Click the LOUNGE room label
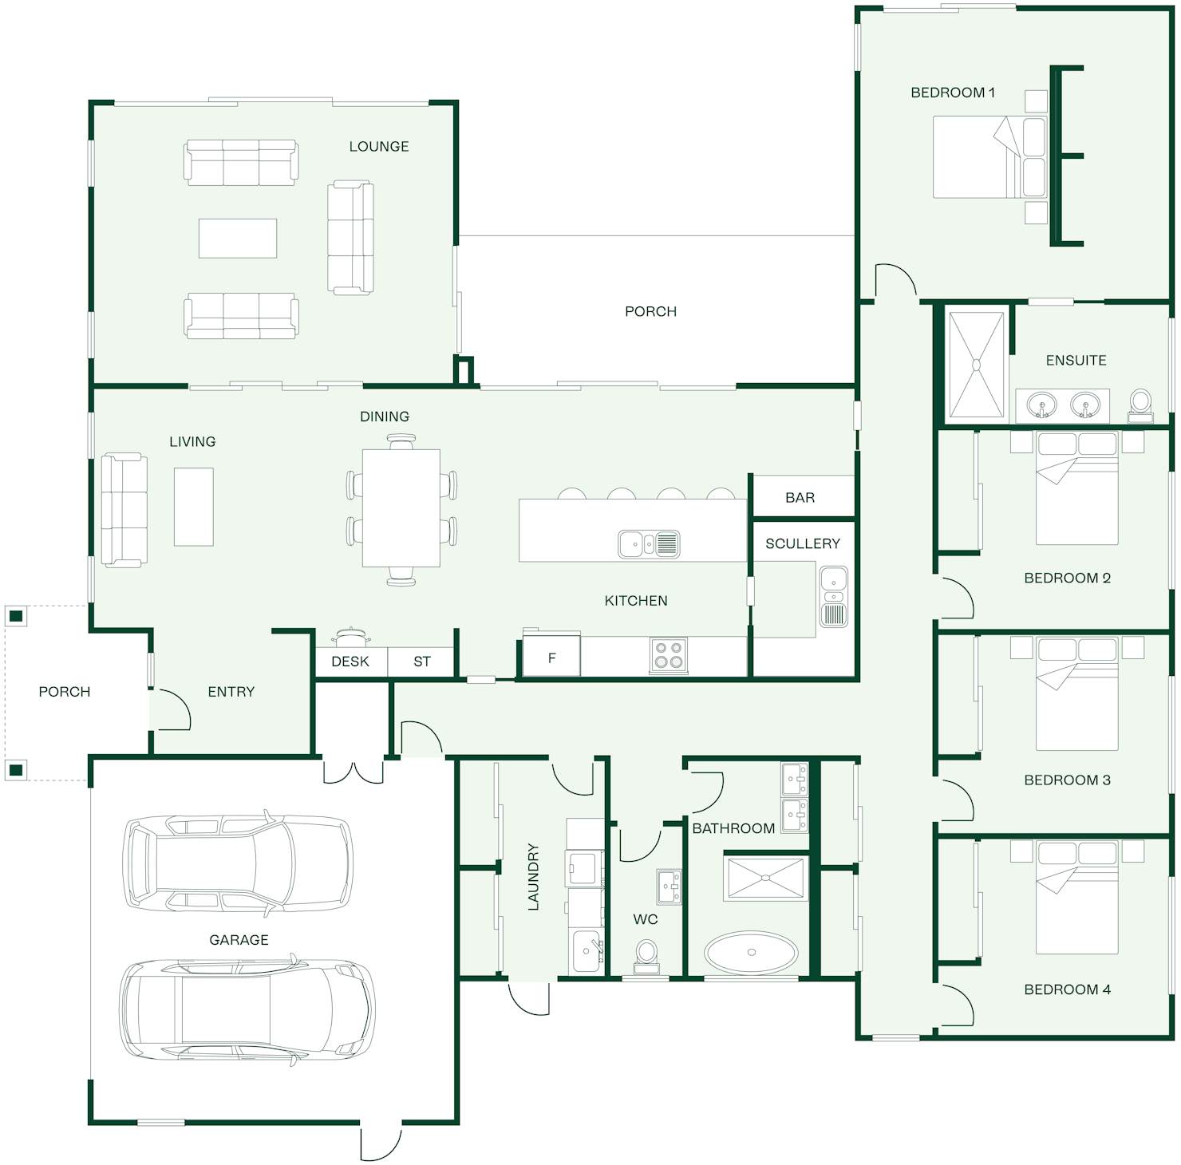pos(378,146)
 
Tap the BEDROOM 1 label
pos(952,93)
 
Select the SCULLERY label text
pos(802,543)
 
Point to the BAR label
pos(800,498)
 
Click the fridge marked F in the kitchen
pos(551,657)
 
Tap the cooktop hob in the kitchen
pos(668,655)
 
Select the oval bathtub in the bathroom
pos(750,952)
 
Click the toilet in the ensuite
pos(1140,405)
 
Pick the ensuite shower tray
pos(975,365)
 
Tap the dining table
pos(401,508)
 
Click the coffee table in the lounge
pos(238,239)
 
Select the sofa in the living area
pos(124,511)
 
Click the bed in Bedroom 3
pos(1076,694)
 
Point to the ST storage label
pos(422,661)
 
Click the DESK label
pos(350,661)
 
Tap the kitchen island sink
pos(649,544)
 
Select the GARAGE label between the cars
pos(239,940)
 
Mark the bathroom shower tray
pos(766,879)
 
